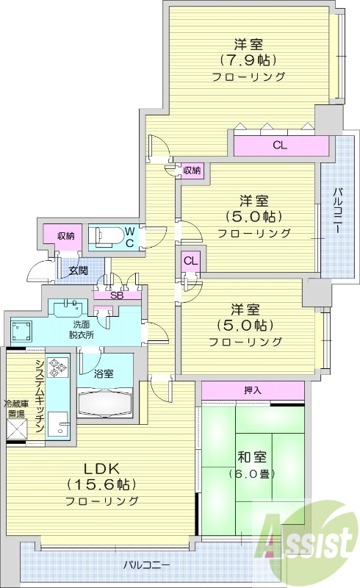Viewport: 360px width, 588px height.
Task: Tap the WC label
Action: [x=129, y=236]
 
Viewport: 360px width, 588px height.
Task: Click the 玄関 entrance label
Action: [x=77, y=270]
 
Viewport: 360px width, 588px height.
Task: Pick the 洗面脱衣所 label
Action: [x=82, y=329]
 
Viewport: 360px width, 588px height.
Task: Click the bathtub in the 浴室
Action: [x=106, y=403]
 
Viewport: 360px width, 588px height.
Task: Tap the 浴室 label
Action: [x=104, y=373]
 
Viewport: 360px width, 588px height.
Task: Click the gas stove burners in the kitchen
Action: [x=57, y=366]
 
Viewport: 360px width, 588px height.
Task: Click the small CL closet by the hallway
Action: [x=190, y=260]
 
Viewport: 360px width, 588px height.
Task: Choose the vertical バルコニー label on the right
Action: [x=336, y=210]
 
